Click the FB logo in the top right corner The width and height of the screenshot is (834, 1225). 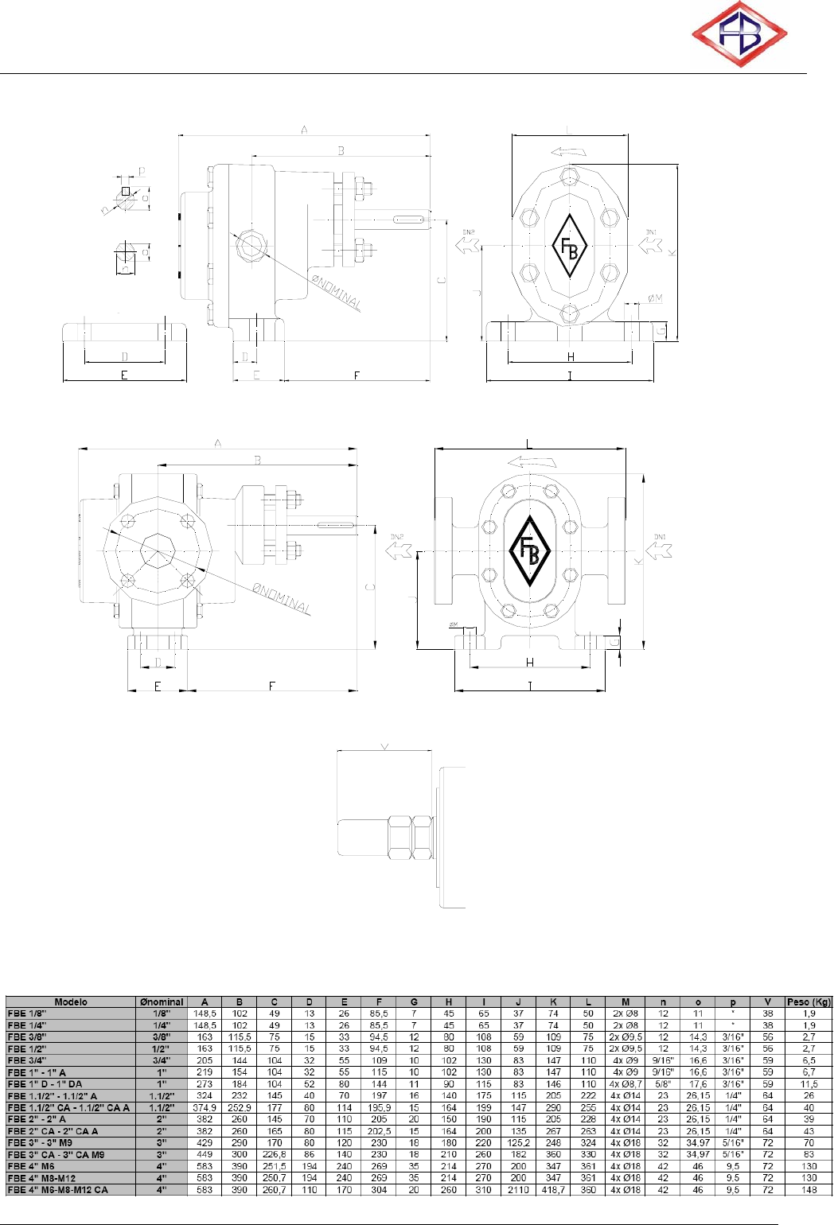(739, 34)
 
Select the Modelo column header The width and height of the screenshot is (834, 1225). (71, 1002)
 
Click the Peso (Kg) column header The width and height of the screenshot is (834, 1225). (809, 1002)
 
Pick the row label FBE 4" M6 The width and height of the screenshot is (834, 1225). (31, 1166)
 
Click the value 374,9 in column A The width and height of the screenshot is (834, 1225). (205, 1107)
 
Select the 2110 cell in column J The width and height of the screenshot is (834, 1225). (518, 1190)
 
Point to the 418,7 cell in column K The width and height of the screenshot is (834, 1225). (553, 1190)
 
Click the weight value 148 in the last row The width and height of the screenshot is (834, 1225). (809, 1190)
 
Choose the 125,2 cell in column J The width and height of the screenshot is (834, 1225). (518, 1143)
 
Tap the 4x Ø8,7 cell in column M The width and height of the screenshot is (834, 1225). (625, 1084)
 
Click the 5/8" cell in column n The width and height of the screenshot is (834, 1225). (663, 1084)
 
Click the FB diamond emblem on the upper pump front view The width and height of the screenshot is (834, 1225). (570, 246)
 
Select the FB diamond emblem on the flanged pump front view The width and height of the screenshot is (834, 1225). (529, 551)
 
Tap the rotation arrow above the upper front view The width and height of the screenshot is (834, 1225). (568, 152)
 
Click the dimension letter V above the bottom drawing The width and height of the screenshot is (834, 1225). (385, 746)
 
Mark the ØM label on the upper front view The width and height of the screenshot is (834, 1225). (655, 298)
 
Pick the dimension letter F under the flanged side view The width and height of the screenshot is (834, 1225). (272, 686)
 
